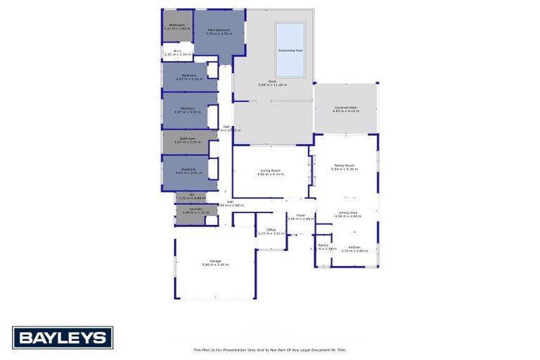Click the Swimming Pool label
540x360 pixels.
click(290, 51)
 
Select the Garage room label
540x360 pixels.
click(215, 261)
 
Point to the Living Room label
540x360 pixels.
click(271, 170)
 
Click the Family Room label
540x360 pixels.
click(345, 165)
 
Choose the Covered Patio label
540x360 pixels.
click(345, 108)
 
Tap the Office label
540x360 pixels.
click(271, 230)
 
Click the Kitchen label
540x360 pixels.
click(354, 247)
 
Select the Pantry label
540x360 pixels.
click(323, 245)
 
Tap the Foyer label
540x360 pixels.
click(300, 215)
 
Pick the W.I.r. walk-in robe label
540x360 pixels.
click(178, 51)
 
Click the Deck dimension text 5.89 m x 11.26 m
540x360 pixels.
click(272, 85)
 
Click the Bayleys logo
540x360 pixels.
click(62, 337)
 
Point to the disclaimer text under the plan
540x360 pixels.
click(270, 349)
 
